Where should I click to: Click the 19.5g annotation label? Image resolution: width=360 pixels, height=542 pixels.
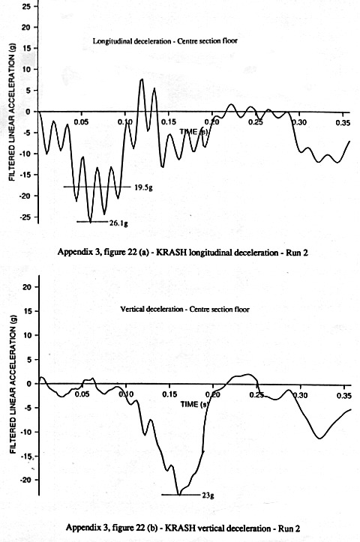(x=143, y=187)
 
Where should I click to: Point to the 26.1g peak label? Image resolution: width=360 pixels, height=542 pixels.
(x=118, y=223)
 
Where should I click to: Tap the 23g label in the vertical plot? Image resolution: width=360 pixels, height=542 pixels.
(x=208, y=496)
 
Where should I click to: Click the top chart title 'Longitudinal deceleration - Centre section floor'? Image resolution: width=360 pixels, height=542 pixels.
(x=165, y=40)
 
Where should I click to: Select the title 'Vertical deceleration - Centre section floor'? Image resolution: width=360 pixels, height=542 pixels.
(x=184, y=309)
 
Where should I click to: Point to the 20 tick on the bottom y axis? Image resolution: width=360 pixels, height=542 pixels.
(x=30, y=287)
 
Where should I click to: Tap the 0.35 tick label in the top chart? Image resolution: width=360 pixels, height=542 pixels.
(x=343, y=123)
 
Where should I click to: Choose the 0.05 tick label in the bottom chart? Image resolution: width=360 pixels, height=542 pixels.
(x=82, y=394)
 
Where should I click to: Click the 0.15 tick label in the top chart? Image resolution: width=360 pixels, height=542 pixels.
(x=169, y=122)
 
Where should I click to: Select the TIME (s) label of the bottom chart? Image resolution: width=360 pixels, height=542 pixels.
(x=194, y=404)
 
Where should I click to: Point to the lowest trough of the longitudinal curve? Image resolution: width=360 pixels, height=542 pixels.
(x=91, y=222)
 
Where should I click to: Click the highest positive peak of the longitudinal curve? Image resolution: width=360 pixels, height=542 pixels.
(x=141, y=79)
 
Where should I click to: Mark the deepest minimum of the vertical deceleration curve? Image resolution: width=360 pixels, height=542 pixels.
(x=179, y=494)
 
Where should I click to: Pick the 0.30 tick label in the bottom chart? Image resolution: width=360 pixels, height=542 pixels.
(x=300, y=395)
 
